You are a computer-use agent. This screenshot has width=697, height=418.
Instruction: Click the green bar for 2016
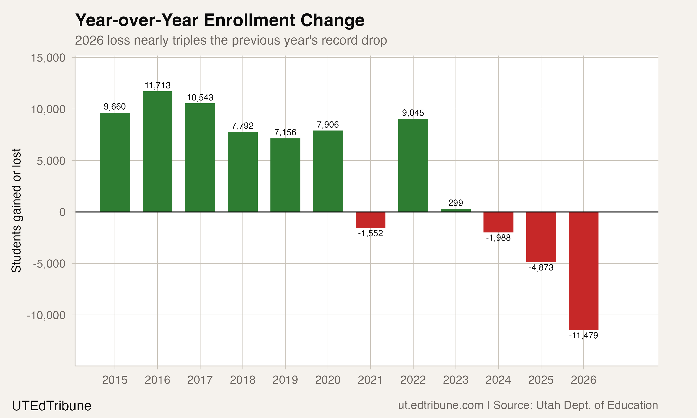pyautogui.click(x=157, y=152)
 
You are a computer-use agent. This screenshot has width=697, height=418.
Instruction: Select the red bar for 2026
pyautogui.click(x=583, y=271)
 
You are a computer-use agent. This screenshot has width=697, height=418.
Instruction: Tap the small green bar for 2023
pyautogui.click(x=456, y=210)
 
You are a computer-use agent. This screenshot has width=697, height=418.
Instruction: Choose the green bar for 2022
pyautogui.click(x=413, y=165)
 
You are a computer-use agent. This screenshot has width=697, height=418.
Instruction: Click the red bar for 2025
pyautogui.click(x=541, y=237)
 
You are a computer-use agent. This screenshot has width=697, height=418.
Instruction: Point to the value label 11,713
pyautogui.click(x=158, y=85)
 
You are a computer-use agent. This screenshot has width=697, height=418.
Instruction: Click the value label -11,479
pyautogui.click(x=583, y=336)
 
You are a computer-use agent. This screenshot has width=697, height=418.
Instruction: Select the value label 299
pyautogui.click(x=456, y=203)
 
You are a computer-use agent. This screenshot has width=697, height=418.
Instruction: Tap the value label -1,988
pyautogui.click(x=498, y=238)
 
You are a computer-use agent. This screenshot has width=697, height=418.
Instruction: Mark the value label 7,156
pyautogui.click(x=285, y=132)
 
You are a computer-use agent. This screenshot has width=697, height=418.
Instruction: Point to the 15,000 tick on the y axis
pyautogui.click(x=48, y=58)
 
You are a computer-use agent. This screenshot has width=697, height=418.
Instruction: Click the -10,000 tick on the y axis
pyautogui.click(x=46, y=315)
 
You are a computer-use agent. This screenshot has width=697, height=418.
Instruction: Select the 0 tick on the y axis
pyautogui.click(x=62, y=212)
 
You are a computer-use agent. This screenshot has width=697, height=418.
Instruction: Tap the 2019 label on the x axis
pyautogui.click(x=285, y=380)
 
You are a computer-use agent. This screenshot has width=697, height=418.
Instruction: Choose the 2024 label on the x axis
pyautogui.click(x=498, y=380)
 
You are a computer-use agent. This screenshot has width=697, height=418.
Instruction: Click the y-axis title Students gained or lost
pyautogui.click(x=16, y=210)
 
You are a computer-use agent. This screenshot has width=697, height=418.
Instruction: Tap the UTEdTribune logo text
pyautogui.click(x=52, y=406)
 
